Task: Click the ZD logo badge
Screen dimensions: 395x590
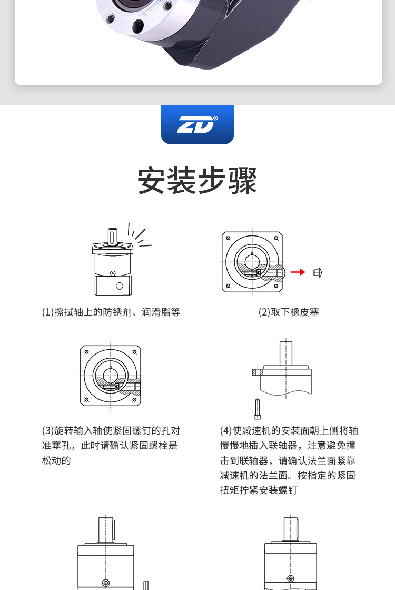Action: pos(197,124)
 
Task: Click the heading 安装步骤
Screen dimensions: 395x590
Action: pos(197,181)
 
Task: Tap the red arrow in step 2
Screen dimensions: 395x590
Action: pos(298,272)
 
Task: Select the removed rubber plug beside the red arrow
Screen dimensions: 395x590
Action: pos(318,272)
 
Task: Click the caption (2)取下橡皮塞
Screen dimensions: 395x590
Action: pos(289,312)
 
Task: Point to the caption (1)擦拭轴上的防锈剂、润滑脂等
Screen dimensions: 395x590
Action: pos(111,312)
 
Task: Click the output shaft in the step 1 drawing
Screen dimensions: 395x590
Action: pos(112,237)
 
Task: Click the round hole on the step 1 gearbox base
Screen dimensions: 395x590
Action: pos(119,286)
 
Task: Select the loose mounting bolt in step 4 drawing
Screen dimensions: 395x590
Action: pos(258,409)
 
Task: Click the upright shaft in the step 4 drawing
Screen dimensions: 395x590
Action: pos(286,353)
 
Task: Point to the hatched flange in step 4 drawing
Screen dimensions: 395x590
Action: pos(258,372)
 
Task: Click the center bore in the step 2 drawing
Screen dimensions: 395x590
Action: pos(252,262)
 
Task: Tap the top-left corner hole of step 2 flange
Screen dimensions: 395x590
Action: pos(228,238)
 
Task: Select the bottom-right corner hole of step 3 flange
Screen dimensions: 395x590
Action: pos(134,400)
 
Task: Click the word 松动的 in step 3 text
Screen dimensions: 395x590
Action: pos(56,460)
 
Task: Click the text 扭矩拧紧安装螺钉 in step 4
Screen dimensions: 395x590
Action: pos(259,490)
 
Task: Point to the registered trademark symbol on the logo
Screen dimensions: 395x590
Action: pos(215,118)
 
